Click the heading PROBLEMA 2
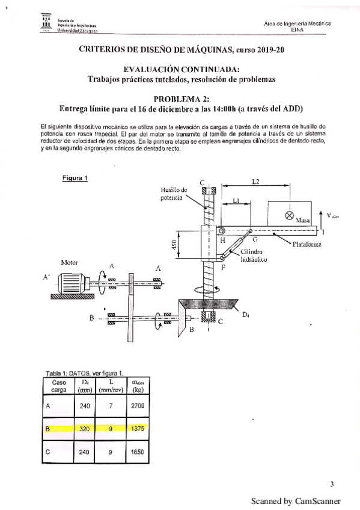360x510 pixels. point(180,99)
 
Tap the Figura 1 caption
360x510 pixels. point(75,177)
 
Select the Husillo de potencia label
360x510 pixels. point(175,194)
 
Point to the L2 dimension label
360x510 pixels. point(255,181)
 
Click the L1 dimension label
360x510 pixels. point(237,203)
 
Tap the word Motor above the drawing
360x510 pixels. point(70,263)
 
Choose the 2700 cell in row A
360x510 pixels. point(136,406)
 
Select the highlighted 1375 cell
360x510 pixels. point(136,429)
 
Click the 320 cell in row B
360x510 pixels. point(85,429)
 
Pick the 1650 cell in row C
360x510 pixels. point(136,452)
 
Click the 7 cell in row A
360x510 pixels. point(110,406)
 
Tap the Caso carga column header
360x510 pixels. point(59,386)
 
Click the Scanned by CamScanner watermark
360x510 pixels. point(295,500)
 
